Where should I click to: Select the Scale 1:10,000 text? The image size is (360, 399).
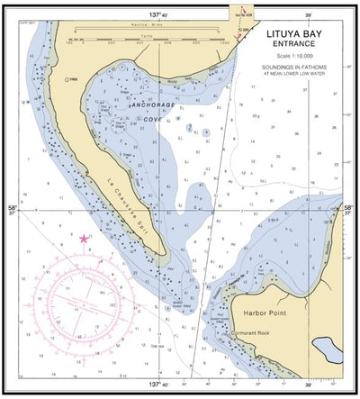tap(297, 65)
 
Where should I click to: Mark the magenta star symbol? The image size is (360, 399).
tap(85, 239)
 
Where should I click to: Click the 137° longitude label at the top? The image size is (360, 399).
tap(159, 15)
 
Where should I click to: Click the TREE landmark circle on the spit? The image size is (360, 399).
tap(67, 79)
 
